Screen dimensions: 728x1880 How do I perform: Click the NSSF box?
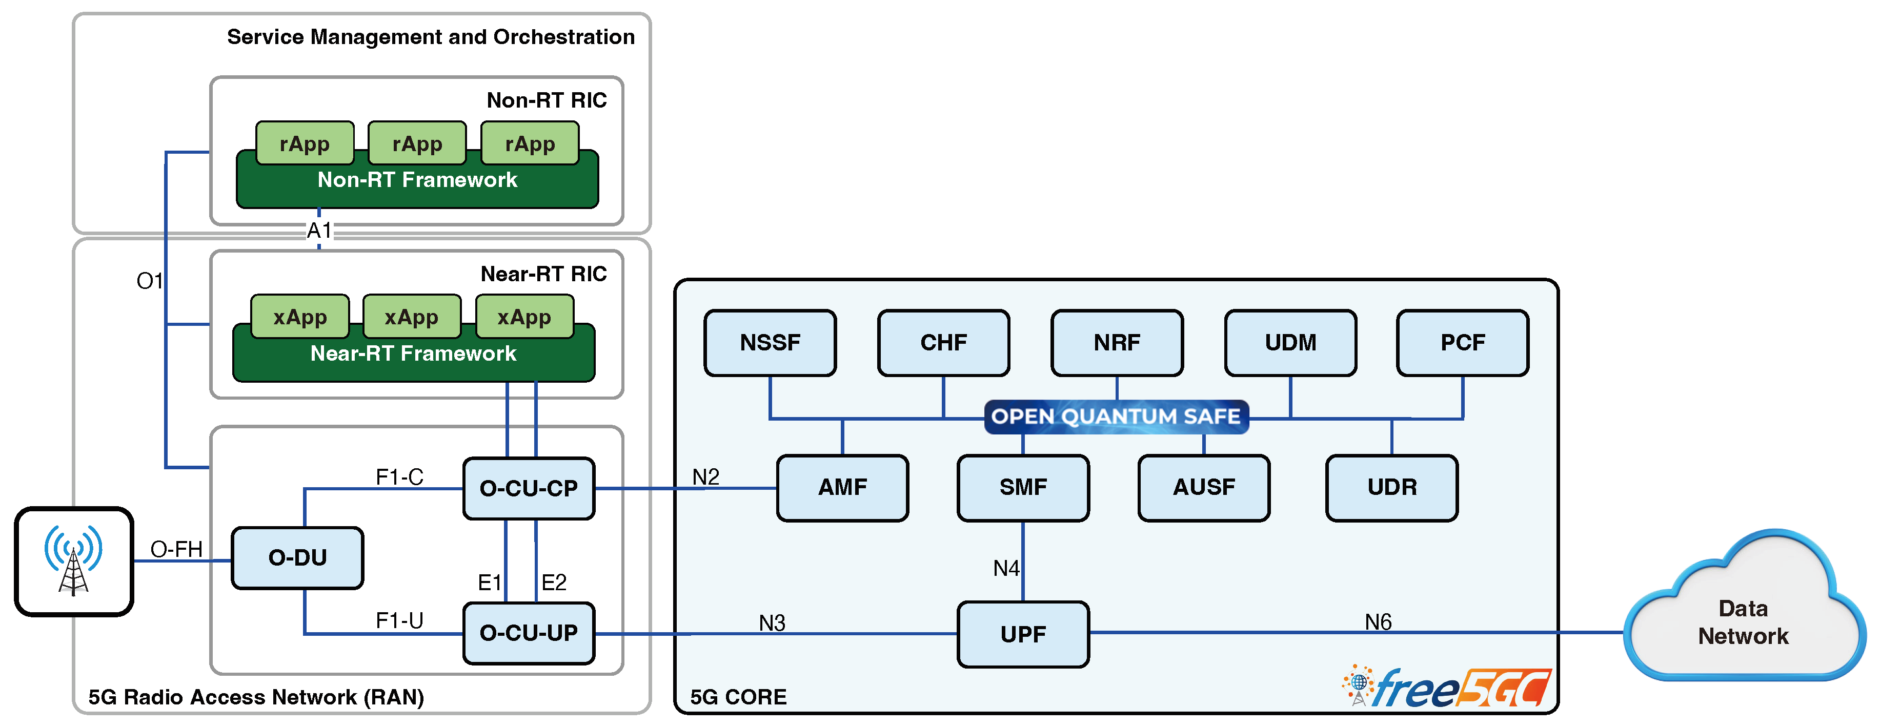pos(770,342)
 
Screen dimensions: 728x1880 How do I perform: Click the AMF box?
pos(842,487)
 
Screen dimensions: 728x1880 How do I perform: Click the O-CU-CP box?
pos(529,488)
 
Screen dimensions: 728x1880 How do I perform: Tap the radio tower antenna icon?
pos(74,560)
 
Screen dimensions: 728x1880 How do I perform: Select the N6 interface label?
pos(1378,621)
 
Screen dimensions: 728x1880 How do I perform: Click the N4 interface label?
pos(1006,568)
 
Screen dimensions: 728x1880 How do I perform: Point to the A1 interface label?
pos(319,231)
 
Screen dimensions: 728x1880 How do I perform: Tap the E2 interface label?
pos(554,582)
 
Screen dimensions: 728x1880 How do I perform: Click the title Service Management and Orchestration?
pos(431,37)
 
